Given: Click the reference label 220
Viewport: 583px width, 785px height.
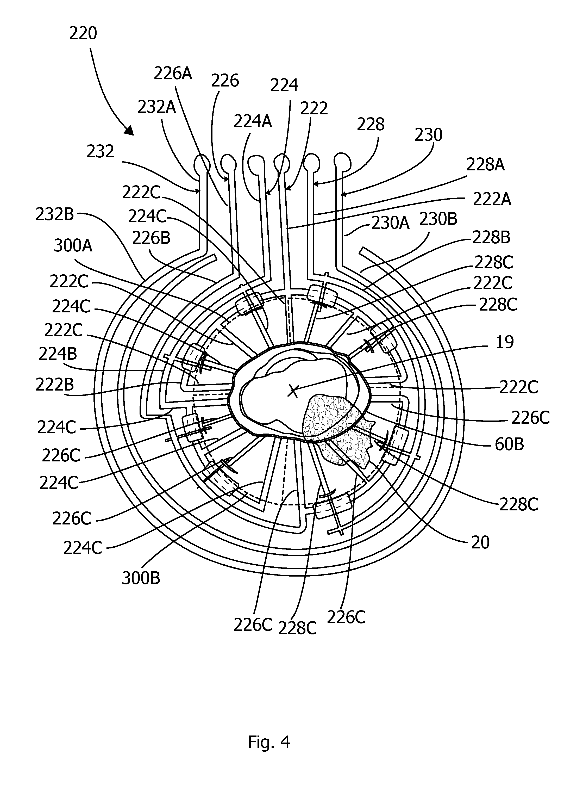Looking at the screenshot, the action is pos(83,34).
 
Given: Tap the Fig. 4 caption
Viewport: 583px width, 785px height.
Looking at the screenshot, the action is pos(269,742).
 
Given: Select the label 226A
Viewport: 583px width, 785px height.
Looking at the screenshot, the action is pos(173,74).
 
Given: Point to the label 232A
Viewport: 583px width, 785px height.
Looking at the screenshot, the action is pos(157,107).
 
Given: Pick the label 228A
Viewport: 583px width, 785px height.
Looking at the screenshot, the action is pos(485,165).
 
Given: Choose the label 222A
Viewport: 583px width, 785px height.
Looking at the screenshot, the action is pos(492,200).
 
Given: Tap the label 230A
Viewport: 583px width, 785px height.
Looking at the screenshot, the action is pos(390,223).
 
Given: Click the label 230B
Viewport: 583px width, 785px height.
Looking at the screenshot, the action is pos(438,220).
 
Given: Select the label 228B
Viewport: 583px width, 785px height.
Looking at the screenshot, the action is pos(492,238).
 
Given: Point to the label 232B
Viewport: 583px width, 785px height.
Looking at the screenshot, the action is pos(55,214).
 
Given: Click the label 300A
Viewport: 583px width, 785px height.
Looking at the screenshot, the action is pos(73,246).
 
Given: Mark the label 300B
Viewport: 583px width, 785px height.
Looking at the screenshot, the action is pos(141,578).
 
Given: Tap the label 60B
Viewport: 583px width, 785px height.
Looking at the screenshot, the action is pos(509,444).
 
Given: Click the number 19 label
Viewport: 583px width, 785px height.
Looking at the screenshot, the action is pos(505,342).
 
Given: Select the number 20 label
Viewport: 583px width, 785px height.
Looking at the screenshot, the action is pos(481,542).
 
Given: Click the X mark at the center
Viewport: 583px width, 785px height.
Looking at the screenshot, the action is pos(293,391).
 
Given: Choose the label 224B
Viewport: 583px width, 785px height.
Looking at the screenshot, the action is pos(58,354).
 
